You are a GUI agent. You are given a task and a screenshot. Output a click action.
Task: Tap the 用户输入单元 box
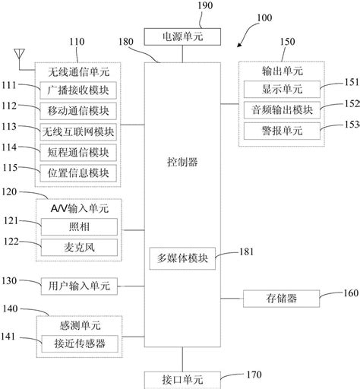(79, 286)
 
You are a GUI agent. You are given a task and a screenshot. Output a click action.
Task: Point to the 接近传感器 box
(79, 344)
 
